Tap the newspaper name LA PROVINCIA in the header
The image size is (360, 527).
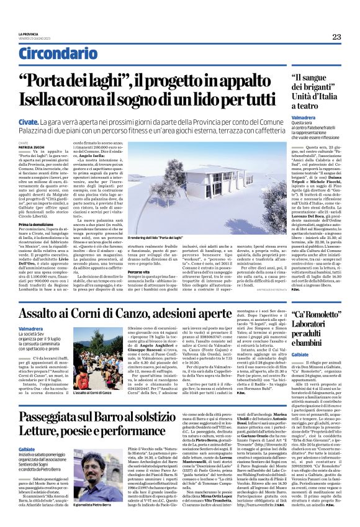tap(29, 34)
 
